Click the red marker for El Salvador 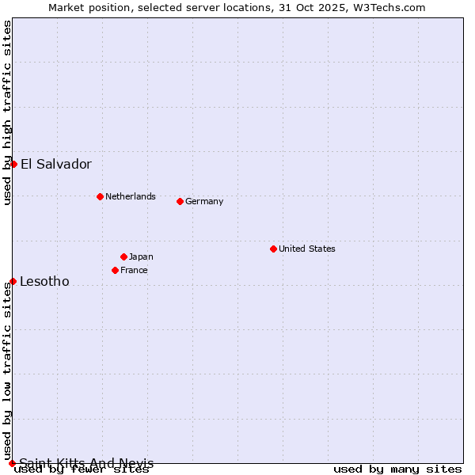pos(13,164)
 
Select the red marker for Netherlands pos(100,196)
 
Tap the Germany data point pos(180,201)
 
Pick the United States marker pos(273,249)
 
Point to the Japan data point pos(123,256)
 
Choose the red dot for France pos(115,270)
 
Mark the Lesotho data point pos(13,281)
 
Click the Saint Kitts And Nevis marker pos(12,463)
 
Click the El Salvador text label pos(56,165)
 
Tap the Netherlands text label pos(131,196)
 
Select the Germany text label pos(204,201)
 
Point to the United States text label pos(307,249)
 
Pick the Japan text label pos(141,256)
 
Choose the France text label pos(134,270)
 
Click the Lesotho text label pos(44,282)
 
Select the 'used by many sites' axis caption pos(397,469)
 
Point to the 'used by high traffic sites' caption pos(7,112)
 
